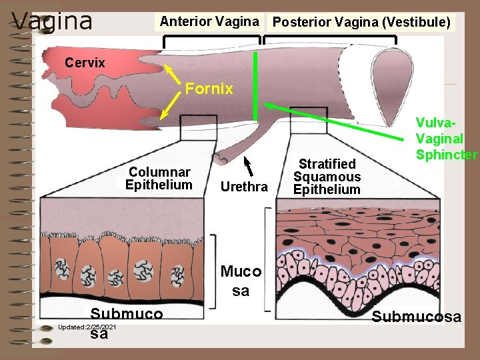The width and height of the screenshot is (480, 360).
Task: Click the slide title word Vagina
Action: tap(52, 21)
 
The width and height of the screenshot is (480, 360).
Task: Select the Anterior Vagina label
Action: tap(209, 21)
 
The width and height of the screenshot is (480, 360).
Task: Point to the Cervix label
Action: tap(85, 63)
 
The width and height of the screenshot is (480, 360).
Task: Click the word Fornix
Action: tap(209, 89)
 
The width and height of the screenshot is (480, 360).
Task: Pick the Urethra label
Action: tap(243, 187)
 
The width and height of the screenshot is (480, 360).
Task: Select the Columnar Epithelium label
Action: tap(159, 179)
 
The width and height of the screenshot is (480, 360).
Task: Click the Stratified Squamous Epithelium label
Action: tap(327, 177)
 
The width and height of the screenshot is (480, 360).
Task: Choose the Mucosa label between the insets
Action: tap(241, 281)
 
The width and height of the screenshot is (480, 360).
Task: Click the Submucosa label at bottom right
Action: tap(416, 317)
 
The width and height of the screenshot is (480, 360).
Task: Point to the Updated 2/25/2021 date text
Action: tap(87, 327)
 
